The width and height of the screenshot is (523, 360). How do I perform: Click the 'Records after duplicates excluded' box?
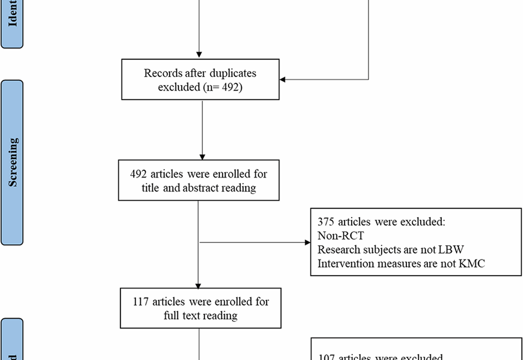pos(200,79)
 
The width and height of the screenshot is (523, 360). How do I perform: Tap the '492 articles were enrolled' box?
pos(198,180)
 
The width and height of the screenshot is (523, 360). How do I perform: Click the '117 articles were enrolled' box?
pos(200,308)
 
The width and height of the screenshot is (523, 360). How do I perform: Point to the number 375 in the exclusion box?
pos(325,222)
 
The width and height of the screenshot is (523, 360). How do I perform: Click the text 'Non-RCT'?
pos(340,236)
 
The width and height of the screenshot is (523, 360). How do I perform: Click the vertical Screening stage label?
pos(13,162)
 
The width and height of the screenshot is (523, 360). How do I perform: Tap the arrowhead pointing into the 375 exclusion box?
pos(307,242)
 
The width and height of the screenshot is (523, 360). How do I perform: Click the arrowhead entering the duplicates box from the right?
pos(282,79)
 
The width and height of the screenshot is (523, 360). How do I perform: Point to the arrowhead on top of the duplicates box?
pos(199,55)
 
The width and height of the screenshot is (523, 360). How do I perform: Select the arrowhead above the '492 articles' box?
pos(202,157)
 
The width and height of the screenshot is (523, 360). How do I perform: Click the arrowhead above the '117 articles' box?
pos(198,286)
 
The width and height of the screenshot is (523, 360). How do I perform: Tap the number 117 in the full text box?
pos(140,302)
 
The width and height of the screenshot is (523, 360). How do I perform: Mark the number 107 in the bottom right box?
pos(326,357)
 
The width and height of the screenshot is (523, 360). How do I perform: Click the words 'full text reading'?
pos(200,316)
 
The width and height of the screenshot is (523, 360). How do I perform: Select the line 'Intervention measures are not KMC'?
pos(401,264)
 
